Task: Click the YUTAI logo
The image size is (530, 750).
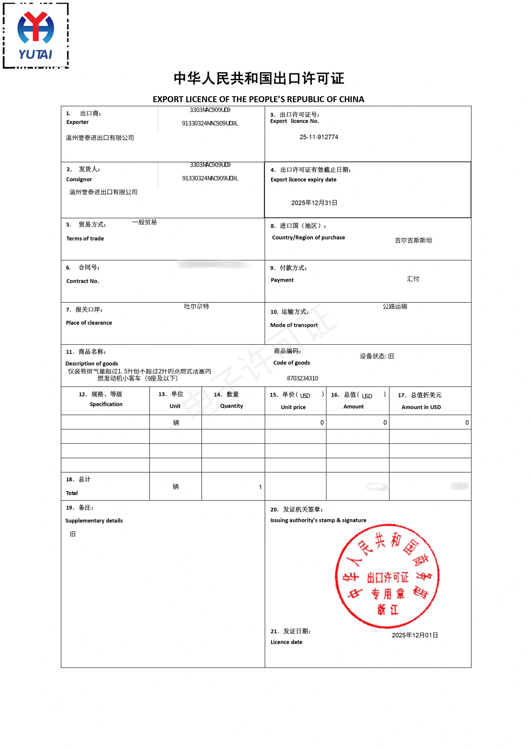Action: point(36,35)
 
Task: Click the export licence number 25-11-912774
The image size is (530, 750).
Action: point(319,137)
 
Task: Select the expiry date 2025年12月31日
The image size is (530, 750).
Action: point(314,203)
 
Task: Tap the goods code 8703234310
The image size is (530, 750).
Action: point(302,378)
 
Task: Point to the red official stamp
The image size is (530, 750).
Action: point(387,576)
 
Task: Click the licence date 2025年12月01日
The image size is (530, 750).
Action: point(415,635)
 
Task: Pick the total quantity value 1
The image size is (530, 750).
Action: point(260,487)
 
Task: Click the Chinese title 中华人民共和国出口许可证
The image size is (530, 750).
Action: point(259,79)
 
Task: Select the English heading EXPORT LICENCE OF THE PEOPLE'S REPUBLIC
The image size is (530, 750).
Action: point(258,99)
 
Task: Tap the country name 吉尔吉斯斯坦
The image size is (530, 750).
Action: point(413,241)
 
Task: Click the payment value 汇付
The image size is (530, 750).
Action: point(413,279)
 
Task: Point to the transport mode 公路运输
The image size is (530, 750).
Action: point(395,306)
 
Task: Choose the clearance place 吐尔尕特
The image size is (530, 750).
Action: point(196,306)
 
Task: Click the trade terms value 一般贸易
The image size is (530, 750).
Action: point(144,222)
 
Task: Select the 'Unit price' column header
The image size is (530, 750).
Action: point(293,407)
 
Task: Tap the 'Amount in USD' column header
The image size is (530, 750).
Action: point(421,407)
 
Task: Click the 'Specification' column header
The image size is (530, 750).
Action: point(106,404)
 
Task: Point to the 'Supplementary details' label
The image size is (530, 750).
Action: point(94,521)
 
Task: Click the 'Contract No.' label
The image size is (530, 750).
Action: point(83,281)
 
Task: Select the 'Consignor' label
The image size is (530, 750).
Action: point(79,179)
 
